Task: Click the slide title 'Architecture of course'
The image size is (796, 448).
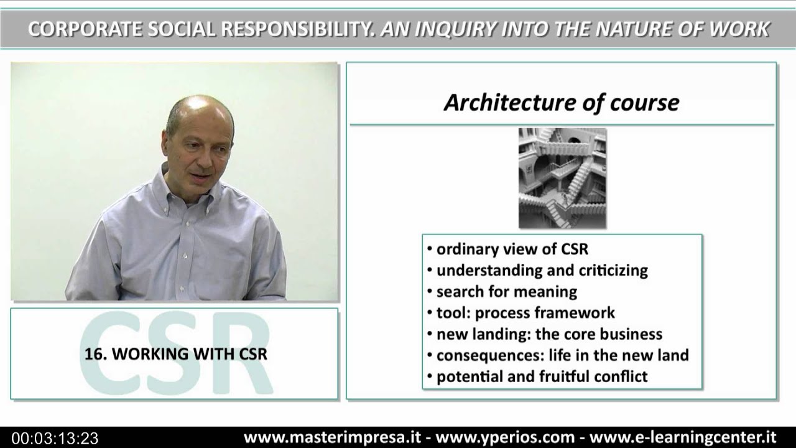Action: tap(561, 103)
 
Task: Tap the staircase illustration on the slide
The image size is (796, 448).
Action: tap(562, 178)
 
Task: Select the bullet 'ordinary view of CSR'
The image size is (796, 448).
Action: tap(512, 249)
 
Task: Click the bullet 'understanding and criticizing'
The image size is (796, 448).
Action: tap(542, 270)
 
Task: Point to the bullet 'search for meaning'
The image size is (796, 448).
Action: tap(506, 291)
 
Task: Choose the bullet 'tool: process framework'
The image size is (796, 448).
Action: tap(525, 312)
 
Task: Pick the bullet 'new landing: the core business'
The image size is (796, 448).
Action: tap(548, 334)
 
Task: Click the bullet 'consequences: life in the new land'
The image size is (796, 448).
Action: tap(562, 355)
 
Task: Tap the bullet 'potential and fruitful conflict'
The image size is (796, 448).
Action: tap(542, 376)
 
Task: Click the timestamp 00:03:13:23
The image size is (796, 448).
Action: tap(55, 438)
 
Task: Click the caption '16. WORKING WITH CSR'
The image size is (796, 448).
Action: tap(176, 354)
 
